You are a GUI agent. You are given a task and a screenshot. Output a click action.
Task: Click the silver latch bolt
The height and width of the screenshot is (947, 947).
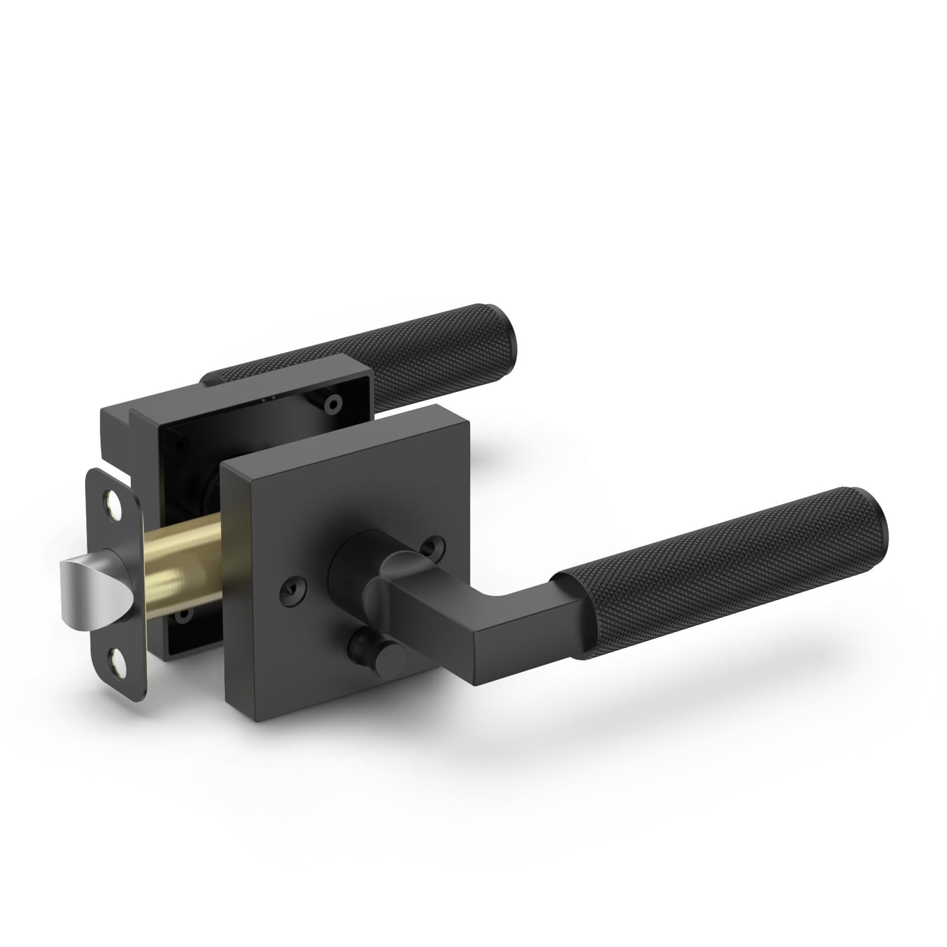[x=89, y=585]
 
